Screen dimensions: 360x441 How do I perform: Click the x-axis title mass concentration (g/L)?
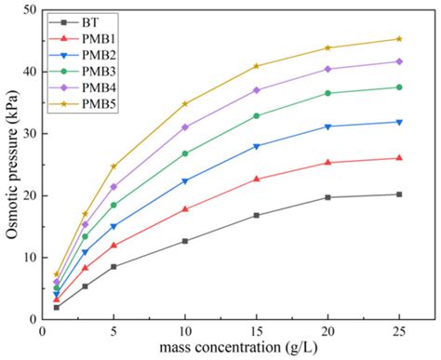228,350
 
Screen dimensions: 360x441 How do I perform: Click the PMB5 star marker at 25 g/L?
399,39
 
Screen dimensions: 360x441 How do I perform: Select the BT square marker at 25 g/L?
399,194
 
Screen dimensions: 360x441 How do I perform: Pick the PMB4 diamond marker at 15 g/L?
257,90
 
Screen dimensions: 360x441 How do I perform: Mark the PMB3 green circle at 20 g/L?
327,93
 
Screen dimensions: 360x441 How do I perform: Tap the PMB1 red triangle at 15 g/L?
257,179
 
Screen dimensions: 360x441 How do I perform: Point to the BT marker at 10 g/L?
185,241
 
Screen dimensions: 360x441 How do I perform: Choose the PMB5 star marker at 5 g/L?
114,167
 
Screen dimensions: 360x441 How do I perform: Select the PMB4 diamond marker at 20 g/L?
327,69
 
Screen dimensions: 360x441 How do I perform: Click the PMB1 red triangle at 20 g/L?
327,162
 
